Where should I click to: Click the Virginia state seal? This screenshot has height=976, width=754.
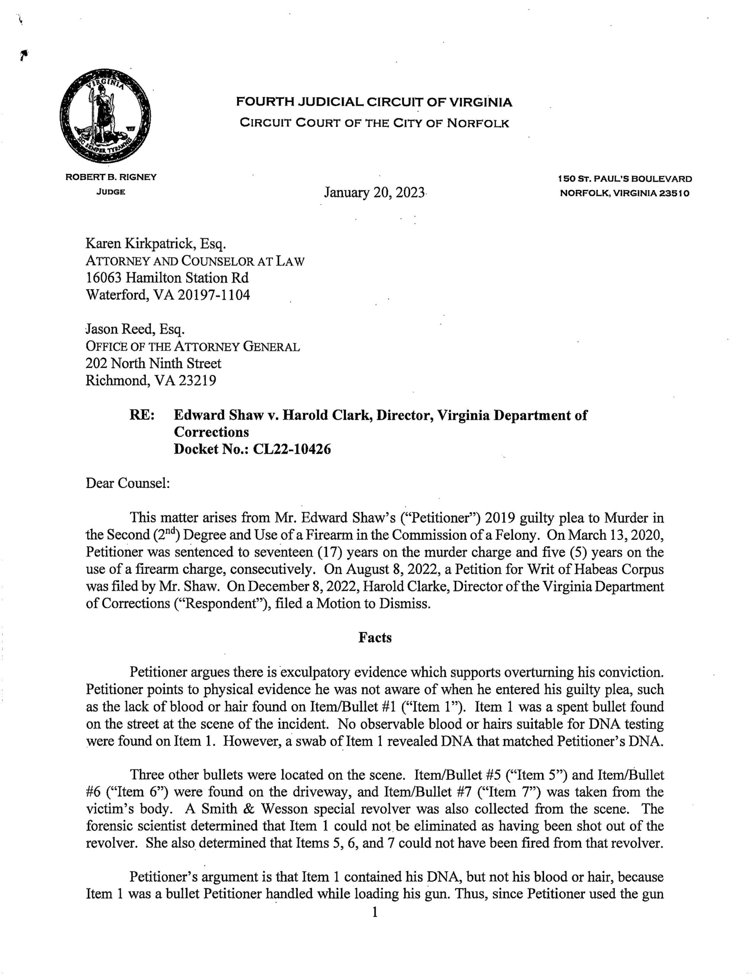pyautogui.click(x=105, y=117)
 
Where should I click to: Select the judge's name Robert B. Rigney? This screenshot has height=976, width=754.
pyautogui.click(x=111, y=177)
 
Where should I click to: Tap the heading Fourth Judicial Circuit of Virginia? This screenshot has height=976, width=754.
pyautogui.click(x=374, y=103)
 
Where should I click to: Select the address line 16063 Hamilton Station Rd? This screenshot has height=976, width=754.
pyautogui.click(x=167, y=278)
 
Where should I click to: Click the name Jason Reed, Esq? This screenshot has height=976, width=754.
pyautogui.click(x=135, y=329)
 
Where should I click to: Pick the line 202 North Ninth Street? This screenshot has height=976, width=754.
pyautogui.click(x=153, y=363)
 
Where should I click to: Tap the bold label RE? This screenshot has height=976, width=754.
pyautogui.click(x=142, y=415)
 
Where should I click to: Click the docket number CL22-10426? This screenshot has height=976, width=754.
pyautogui.click(x=292, y=449)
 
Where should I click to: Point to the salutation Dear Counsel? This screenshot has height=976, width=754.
pyautogui.click(x=127, y=483)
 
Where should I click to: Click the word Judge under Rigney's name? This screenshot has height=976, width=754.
pyautogui.click(x=111, y=192)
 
